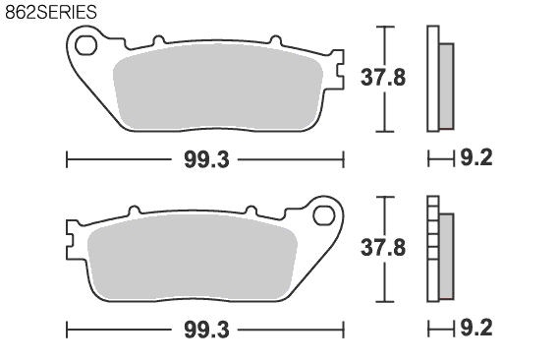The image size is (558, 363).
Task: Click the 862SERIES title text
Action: tap(51, 12)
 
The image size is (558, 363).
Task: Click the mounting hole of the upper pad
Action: tap(85, 45)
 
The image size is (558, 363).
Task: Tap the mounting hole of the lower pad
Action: tap(323, 215)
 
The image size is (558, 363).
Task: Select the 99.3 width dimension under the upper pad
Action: tap(206, 159)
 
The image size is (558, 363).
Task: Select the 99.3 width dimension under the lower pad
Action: tap(206, 330)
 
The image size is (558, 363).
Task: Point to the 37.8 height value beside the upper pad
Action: tap(383, 78)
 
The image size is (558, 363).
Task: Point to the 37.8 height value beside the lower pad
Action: tap(383, 248)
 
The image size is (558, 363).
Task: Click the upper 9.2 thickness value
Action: tap(476, 157)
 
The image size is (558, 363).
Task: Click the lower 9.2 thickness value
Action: tap(476, 328)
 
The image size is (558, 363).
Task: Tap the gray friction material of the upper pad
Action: tap(218, 87)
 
